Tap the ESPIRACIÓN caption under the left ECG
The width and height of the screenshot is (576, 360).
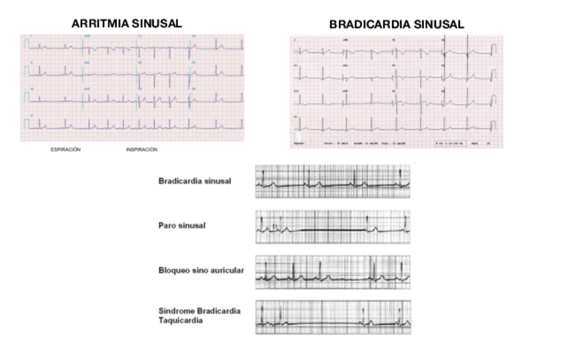[65, 149]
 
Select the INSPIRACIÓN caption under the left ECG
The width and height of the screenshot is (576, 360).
[141, 149]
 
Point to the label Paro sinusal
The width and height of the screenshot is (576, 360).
[181, 225]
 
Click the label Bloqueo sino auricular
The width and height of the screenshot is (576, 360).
[201, 270]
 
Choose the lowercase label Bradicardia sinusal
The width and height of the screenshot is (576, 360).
[195, 181]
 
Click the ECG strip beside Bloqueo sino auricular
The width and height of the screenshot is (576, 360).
[333, 272]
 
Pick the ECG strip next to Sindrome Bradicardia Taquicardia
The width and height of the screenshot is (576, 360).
[333, 317]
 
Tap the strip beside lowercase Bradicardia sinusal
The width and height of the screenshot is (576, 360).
[333, 181]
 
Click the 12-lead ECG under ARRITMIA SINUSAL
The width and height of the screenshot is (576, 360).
[132, 88]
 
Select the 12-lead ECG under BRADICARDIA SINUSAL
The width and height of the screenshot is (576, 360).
[397, 92]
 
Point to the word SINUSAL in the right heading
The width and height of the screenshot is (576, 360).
[442, 24]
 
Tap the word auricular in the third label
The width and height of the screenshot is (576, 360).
[228, 270]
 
